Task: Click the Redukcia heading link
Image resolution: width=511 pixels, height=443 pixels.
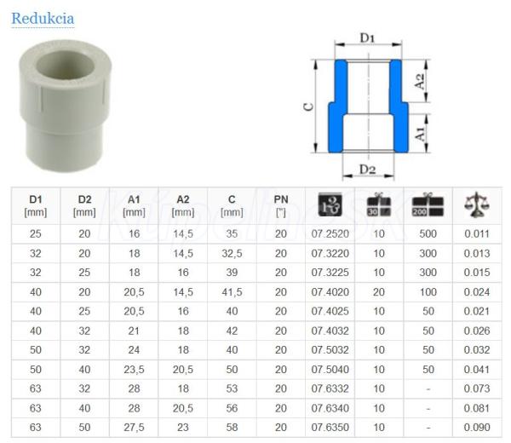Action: (43, 18)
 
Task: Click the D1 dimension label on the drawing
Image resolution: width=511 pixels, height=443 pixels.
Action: (367, 38)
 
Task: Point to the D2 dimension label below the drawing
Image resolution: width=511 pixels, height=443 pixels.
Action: (367, 170)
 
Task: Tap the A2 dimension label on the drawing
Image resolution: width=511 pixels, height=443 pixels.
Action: (419, 81)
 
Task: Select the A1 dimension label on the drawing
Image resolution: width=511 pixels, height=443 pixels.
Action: (419, 134)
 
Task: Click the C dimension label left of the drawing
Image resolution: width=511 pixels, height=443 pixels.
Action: (308, 107)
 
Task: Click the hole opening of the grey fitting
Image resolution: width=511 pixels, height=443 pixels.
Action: (66, 66)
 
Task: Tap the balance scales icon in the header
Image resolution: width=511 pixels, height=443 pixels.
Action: (477, 204)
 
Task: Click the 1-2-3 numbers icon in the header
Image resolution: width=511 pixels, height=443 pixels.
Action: (330, 204)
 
